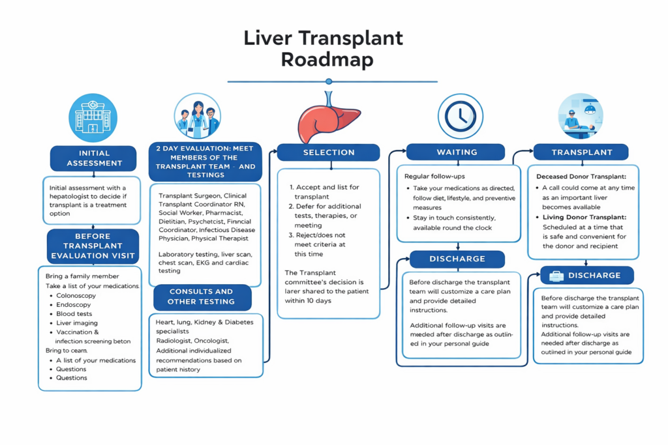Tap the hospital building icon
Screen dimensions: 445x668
pyautogui.click(x=93, y=118)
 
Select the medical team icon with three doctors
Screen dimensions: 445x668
pyautogui.click(x=197, y=117)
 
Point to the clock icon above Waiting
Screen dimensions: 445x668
pyautogui.click(x=460, y=116)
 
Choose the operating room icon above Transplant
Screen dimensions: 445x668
pyautogui.click(x=581, y=116)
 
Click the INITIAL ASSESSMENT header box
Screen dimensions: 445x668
pyautogui.click(x=94, y=158)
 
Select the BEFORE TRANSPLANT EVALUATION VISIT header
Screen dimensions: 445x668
pyautogui.click(x=93, y=246)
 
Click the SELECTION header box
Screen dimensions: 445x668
pyautogui.click(x=328, y=152)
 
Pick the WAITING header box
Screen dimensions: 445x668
pyautogui.click(x=456, y=152)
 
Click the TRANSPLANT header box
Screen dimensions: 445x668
pyautogui.click(x=581, y=152)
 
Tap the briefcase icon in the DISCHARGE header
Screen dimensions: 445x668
pyautogui.click(x=556, y=276)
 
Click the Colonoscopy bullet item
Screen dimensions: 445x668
pyautogui.click(x=76, y=296)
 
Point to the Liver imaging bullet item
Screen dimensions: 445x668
pyautogui.click(x=77, y=323)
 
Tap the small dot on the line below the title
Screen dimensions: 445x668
pyautogui.click(x=329, y=81)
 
